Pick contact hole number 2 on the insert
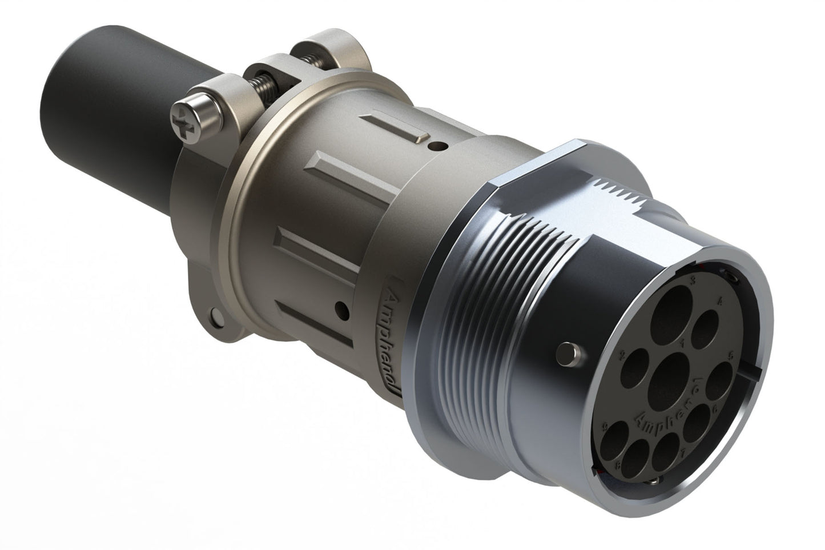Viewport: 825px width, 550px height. [x=636, y=366]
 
